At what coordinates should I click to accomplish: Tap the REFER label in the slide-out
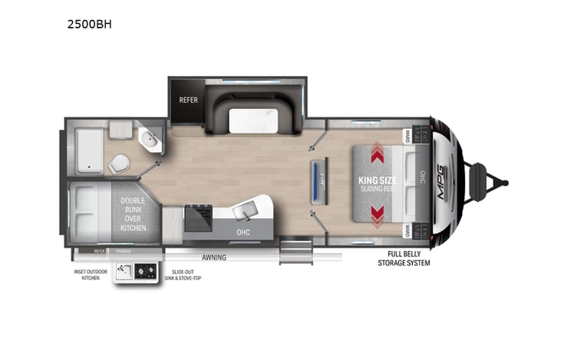pyautogui.click(x=189, y=100)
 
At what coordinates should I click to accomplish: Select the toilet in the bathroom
pyautogui.click(x=119, y=163)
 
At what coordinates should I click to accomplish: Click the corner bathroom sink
pyautogui.click(x=149, y=140)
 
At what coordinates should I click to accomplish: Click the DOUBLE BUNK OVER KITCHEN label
pyautogui.click(x=133, y=213)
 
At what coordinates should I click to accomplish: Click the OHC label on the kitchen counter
pyautogui.click(x=243, y=231)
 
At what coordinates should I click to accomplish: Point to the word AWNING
pyautogui.click(x=213, y=257)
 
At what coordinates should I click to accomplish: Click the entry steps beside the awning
pyautogui.click(x=295, y=251)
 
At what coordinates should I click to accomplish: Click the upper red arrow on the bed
pyautogui.click(x=378, y=154)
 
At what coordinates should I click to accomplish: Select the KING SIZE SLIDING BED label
pyautogui.click(x=376, y=183)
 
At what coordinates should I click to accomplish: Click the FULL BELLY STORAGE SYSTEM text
pyautogui.click(x=404, y=258)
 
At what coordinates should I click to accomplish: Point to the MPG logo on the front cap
pyautogui.click(x=445, y=185)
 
